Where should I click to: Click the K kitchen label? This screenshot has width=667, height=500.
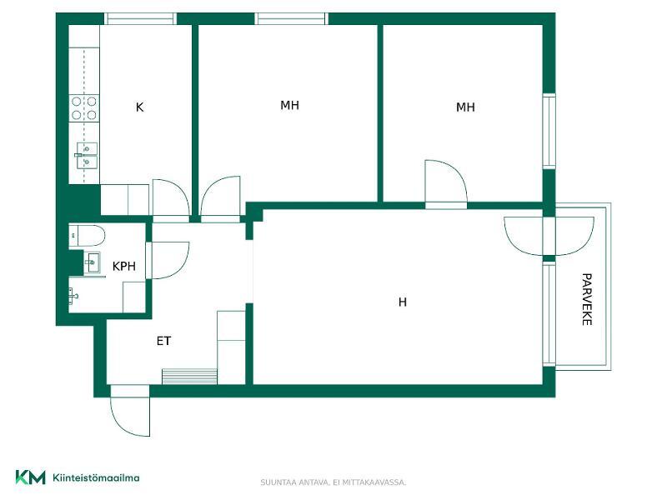coord(139,107)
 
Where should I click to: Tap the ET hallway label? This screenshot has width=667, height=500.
coord(163,341)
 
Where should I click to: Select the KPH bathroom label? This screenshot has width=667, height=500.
coord(123,267)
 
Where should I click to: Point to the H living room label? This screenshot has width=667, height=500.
coord(403,302)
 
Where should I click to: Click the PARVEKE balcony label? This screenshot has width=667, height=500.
coord(587,299)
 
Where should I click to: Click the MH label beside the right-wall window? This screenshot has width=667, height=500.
coord(465,107)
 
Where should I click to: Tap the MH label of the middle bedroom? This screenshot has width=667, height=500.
coord(289,105)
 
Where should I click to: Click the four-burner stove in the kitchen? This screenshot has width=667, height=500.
coord(84,108)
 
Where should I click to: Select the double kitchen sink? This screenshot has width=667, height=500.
coord(87,156)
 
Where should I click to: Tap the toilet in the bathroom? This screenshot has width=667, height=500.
coord(87,236)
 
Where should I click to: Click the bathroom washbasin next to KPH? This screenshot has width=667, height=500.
coord(93,262)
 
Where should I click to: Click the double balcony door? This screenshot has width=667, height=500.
coord(549,236)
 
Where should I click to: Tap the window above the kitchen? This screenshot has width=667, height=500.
coord(140,18)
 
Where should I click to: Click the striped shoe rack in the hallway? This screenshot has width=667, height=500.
coord(190,377)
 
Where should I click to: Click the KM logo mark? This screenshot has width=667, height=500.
coord(30,477)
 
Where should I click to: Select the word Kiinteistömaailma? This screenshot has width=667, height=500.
coord(96,477)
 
